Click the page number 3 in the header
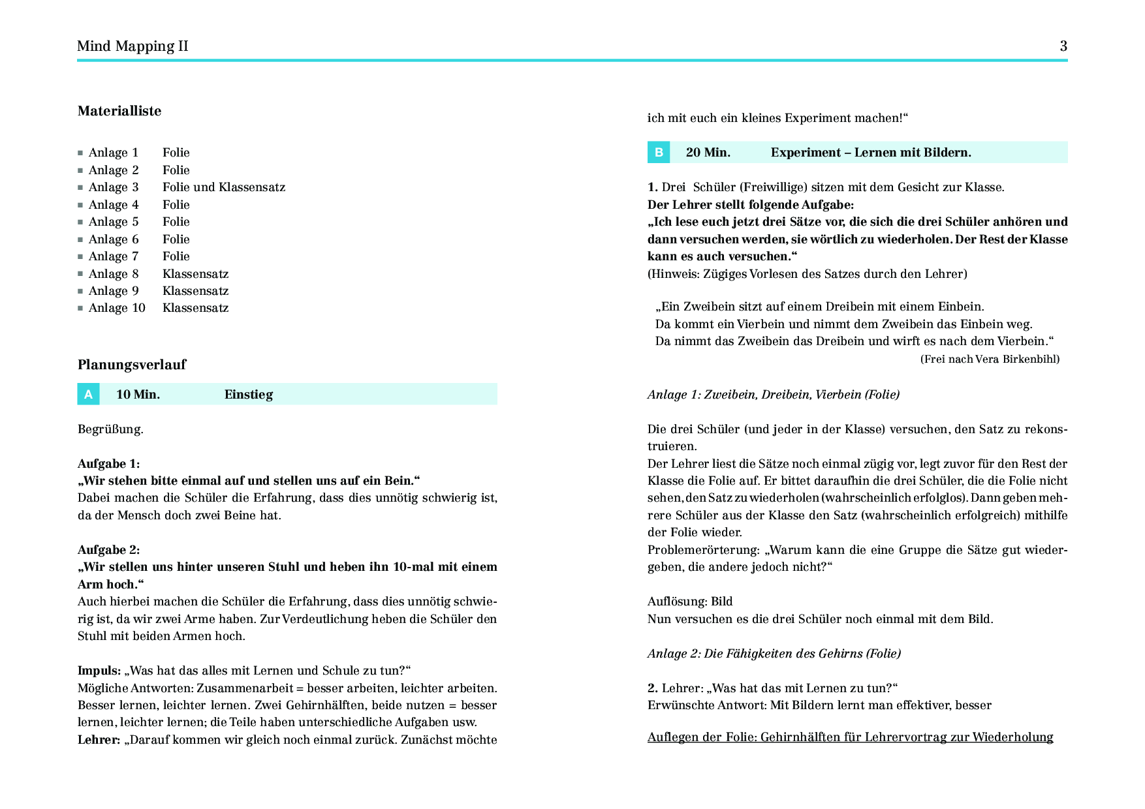pos(1063,46)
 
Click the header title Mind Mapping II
pos(133,46)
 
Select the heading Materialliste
pos(119,111)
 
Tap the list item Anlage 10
pos(117,308)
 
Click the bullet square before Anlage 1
pos(80,153)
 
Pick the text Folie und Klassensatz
pos(224,187)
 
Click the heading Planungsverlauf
pos(132,365)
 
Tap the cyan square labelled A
pos(88,394)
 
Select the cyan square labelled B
pos(659,153)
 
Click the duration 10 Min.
pos(138,395)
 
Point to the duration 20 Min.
pos(708,153)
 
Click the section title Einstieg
pos(249,395)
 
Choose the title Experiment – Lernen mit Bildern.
pos(871,153)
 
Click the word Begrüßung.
pos(110,429)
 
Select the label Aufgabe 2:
pos(109,550)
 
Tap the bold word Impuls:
pos(99,671)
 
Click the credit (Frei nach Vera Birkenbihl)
pos(990,359)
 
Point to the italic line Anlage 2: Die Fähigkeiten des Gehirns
pos(774,654)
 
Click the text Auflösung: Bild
pos(690,602)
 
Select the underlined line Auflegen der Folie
pos(850,737)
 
